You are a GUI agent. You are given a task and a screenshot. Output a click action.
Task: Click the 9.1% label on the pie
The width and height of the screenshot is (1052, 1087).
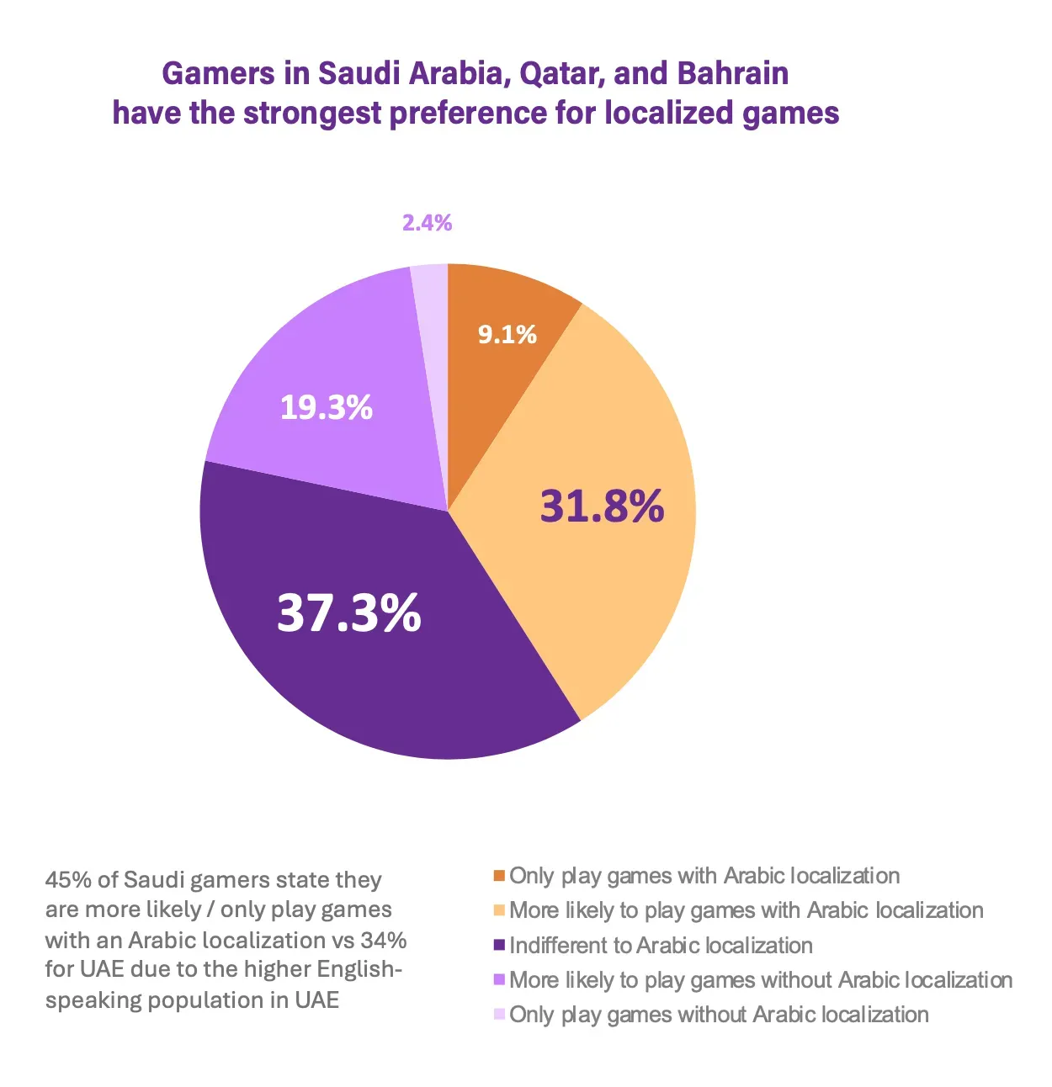(507, 335)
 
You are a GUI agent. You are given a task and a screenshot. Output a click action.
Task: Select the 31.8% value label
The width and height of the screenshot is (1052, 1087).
(602, 506)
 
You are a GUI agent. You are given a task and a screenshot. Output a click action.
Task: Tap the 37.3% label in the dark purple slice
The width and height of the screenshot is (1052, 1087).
(348, 612)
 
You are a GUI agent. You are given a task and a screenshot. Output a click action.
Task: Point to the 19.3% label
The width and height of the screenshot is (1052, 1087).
(326, 408)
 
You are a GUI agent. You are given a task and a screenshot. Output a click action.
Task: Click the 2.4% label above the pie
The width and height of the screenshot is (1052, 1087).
(427, 223)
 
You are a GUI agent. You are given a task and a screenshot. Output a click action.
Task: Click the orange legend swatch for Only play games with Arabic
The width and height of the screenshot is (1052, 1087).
(499, 877)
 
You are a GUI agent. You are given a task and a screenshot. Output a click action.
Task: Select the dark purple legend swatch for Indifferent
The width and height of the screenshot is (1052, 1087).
(499, 946)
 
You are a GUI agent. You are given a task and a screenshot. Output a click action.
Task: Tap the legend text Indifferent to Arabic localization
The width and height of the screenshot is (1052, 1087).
(661, 946)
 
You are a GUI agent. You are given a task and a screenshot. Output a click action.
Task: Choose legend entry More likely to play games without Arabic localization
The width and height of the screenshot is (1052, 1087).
(761, 980)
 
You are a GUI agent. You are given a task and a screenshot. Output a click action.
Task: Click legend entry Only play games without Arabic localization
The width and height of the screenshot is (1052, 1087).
(719, 1015)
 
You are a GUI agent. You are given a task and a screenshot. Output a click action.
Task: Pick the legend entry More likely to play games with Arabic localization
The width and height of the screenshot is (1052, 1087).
(746, 910)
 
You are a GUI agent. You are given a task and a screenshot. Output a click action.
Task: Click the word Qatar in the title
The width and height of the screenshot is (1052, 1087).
(559, 74)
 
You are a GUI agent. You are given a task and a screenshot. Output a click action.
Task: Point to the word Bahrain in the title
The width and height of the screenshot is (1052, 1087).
(732, 74)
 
